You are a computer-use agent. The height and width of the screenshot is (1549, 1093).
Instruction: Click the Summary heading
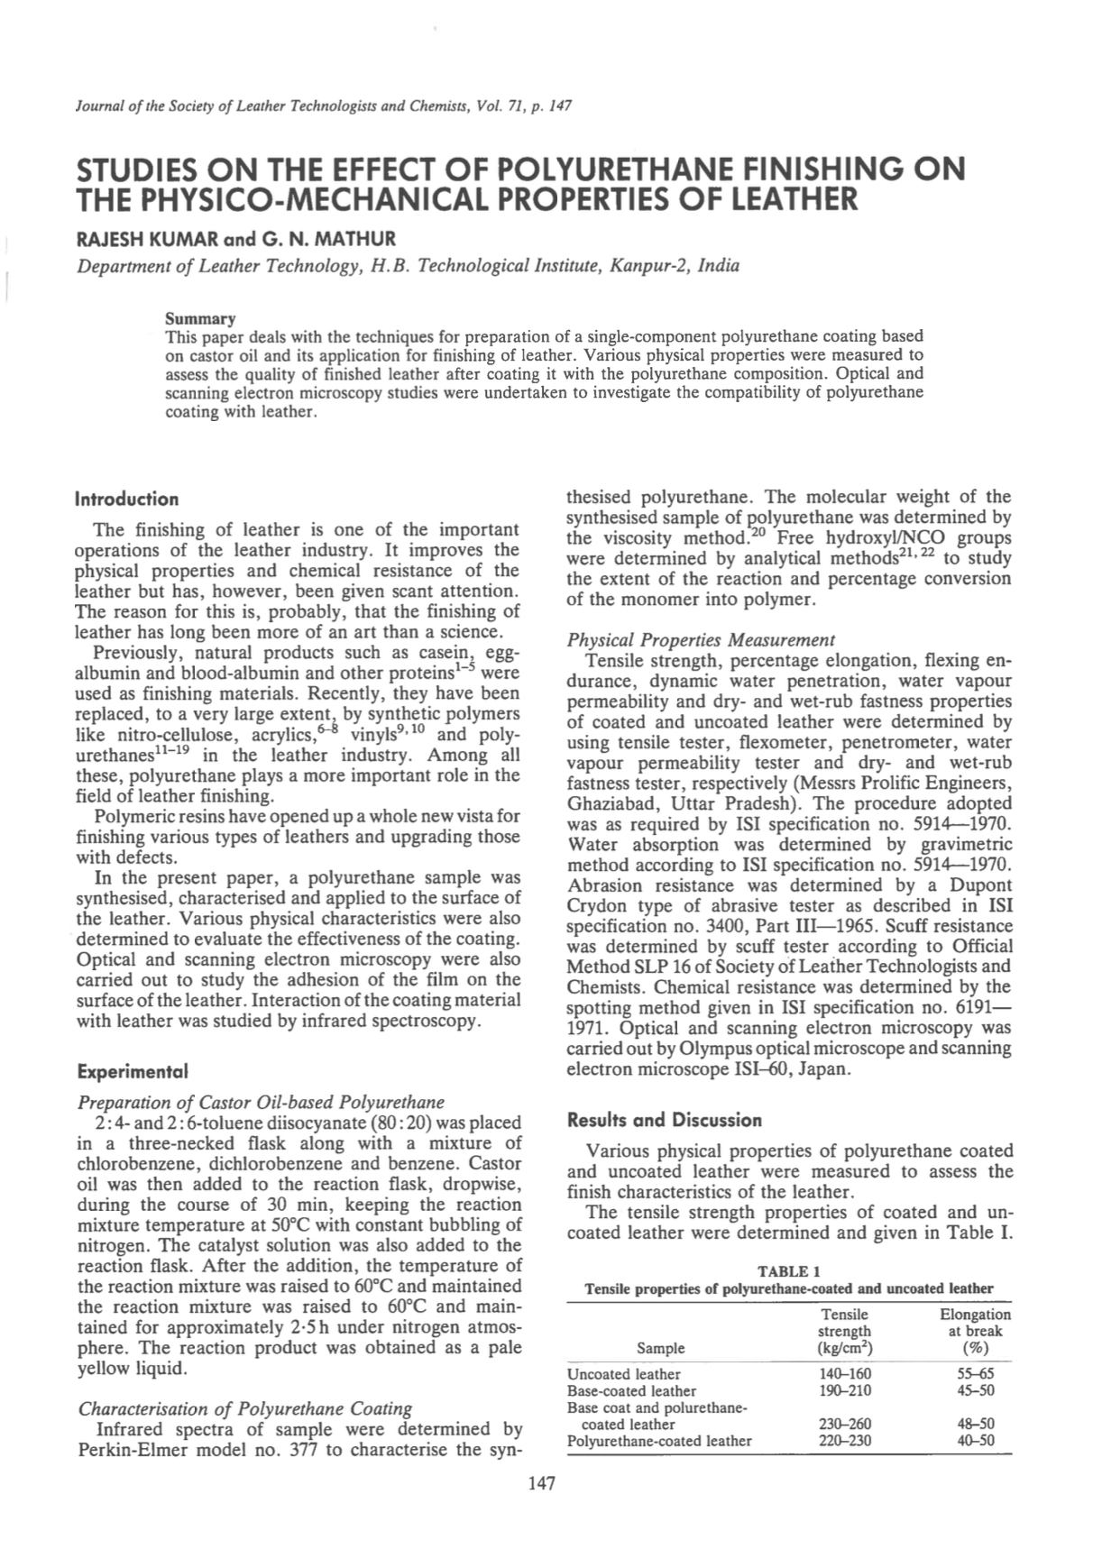pyautogui.click(x=200, y=319)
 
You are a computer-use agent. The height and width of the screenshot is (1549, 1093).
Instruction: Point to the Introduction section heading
pyautogui.click(x=127, y=500)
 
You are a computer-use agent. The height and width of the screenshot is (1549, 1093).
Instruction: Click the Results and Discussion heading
pyautogui.click(x=664, y=1121)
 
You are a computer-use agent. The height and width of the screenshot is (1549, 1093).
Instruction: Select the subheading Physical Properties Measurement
pyautogui.click(x=701, y=640)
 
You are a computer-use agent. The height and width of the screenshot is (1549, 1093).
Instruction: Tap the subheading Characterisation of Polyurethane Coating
pyautogui.click(x=245, y=1408)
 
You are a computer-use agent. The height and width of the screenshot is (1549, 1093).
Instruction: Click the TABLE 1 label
pyautogui.click(x=789, y=1271)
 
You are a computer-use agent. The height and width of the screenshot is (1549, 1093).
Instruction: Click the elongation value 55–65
pyautogui.click(x=975, y=1374)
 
